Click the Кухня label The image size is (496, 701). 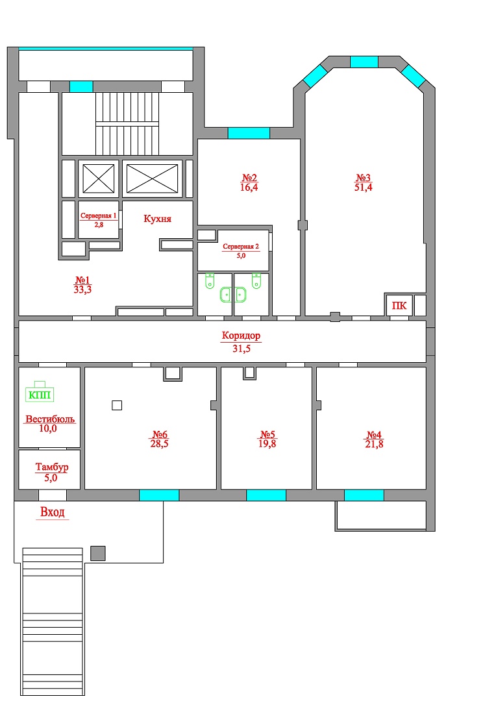click(x=157, y=219)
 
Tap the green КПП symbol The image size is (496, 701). click(x=40, y=392)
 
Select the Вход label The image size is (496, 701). click(x=53, y=512)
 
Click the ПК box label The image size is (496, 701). click(x=399, y=306)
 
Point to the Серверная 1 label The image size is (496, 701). click(x=99, y=215)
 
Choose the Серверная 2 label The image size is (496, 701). click(x=241, y=247)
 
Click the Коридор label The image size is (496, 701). click(x=241, y=336)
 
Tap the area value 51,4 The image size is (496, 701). click(x=363, y=188)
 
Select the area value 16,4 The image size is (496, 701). click(x=249, y=188)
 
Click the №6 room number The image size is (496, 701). click(x=160, y=434)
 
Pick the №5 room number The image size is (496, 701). click(x=267, y=434)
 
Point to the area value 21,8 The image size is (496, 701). click(x=374, y=444)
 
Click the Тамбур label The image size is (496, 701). click(x=52, y=467)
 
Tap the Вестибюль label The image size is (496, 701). click(x=50, y=419)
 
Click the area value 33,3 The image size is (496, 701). click(x=82, y=289)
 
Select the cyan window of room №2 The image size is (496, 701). click(x=249, y=133)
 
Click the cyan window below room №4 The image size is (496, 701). click(x=364, y=495)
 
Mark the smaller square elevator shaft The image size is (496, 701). click(x=99, y=179)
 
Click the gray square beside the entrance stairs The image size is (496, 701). click(x=98, y=554)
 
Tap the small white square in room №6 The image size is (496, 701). click(x=117, y=406)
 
